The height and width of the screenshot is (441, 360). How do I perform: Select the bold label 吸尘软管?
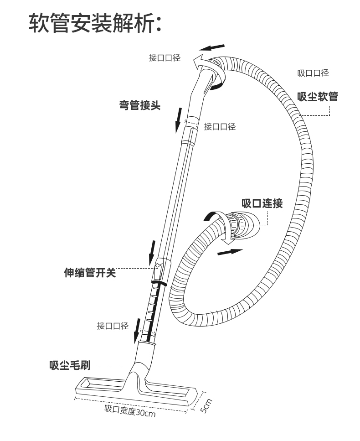coord(318,96)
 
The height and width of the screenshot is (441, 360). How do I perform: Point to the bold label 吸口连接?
coord(262,203)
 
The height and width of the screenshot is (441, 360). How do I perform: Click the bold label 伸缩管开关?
coord(89,273)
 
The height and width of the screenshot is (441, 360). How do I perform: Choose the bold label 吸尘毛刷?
coord(70,366)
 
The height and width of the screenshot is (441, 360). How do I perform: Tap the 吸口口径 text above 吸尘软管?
coord(313,73)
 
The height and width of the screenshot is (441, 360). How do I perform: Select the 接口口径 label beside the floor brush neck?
coord(113,326)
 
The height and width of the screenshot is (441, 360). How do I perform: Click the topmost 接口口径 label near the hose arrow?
coord(165,58)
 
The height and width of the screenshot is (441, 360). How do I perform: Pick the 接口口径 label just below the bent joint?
coord(220,127)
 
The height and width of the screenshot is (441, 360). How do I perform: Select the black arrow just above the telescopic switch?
coord(152,253)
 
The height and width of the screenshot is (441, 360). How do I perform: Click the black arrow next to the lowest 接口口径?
coord(138,335)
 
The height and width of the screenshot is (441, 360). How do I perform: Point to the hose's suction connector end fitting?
coord(242,225)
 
